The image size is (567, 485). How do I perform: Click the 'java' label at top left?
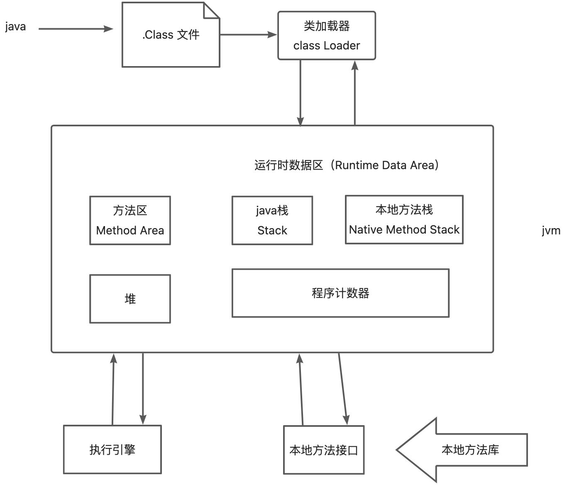[x=15, y=27]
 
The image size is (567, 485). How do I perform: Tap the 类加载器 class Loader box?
[x=327, y=36]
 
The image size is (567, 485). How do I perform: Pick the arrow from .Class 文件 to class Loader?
[x=248, y=35]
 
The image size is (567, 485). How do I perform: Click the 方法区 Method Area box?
[x=130, y=220]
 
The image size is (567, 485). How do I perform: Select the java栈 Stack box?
[x=272, y=220]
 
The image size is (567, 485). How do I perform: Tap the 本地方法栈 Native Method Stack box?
[x=404, y=219]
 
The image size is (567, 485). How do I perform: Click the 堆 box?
[x=130, y=299]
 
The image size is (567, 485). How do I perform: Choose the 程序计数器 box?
[x=340, y=293]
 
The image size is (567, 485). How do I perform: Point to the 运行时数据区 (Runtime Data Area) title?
[x=347, y=165]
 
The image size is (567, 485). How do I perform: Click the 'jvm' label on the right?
[x=551, y=231]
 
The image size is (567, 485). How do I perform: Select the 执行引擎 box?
[x=112, y=450]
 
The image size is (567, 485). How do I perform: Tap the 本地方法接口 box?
[x=324, y=450]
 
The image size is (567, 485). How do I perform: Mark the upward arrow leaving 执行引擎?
[x=113, y=389]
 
